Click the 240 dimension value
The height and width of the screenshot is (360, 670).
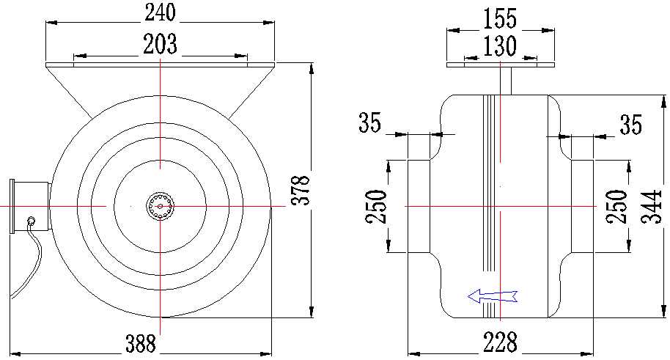tap(160, 12)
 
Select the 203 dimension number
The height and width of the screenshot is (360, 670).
tap(160, 45)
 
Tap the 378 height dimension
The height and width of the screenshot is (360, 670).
tap(301, 190)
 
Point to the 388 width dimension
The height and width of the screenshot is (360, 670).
tap(141, 343)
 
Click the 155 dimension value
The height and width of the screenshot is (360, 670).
tap(499, 19)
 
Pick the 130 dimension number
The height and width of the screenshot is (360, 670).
tap(499, 46)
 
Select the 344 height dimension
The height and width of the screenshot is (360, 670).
tap(652, 207)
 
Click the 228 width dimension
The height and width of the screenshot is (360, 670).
tap(500, 342)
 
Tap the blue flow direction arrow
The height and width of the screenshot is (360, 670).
tap(493, 296)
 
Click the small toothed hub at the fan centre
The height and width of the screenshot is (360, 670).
tap(161, 207)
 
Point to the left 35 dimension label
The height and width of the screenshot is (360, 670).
tap(369, 122)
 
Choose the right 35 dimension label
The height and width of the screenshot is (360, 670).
tap(631, 125)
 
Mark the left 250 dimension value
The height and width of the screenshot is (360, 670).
tap(376, 207)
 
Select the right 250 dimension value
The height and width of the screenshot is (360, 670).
tap(616, 207)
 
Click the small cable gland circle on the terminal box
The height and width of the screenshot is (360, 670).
tap(32, 221)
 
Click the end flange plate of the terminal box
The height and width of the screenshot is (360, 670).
tap(12, 207)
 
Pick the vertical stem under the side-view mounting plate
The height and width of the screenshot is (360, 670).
tap(506, 81)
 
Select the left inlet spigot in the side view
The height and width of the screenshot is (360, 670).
tap(419, 207)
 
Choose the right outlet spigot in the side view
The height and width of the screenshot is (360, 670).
tap(583, 207)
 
